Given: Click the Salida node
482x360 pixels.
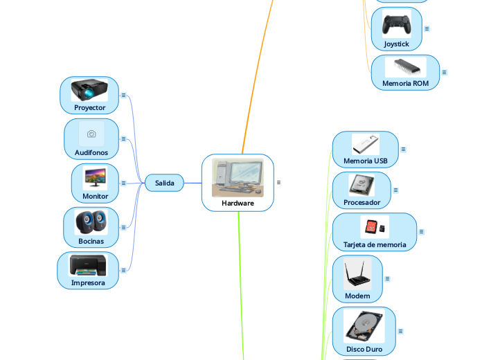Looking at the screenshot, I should tap(164, 183).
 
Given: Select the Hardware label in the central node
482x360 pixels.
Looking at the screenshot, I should tap(238, 203).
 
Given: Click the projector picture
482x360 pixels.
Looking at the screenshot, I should tap(89, 91).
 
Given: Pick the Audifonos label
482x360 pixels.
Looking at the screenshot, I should tap(91, 152).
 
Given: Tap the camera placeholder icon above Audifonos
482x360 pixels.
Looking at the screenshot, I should tap(91, 134).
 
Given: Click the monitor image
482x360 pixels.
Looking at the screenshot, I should tap(95, 178).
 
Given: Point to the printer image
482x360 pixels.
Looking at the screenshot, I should tap(88, 265).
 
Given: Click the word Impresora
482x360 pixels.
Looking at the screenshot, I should tap(88, 282).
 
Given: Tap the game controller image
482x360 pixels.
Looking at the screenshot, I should tap(397, 24).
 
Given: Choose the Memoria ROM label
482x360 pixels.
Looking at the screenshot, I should tap(405, 83).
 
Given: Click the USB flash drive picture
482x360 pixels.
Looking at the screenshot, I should tap(365, 144).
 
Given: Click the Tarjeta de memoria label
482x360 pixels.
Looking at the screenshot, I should tap(375, 244).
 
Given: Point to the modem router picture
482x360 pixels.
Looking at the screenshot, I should tap(357, 275).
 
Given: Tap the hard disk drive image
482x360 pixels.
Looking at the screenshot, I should tap(364, 327).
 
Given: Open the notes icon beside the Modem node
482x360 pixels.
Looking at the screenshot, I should tap(387, 279).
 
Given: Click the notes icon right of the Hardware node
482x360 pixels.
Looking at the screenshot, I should tap(278, 182).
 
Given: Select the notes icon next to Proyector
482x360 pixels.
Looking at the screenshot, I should tap(123, 95).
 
